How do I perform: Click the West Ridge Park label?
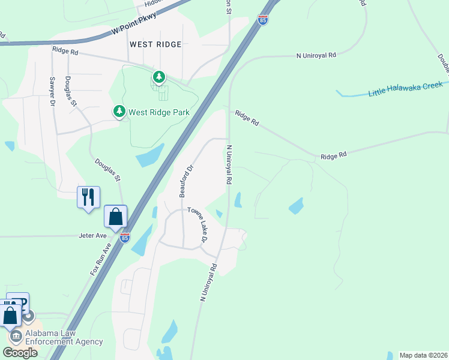point(158,112)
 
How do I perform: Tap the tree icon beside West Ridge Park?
point(119,112)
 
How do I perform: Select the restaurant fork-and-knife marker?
point(88,197)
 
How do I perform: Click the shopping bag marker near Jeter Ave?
point(115,217)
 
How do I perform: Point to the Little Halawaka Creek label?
point(405,89)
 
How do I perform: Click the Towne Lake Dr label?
point(198,225)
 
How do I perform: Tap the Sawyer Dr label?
point(52,92)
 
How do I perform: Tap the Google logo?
point(20,353)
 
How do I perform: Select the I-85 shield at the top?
point(263,20)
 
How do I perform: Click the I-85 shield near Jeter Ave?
point(124,238)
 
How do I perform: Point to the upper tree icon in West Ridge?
point(158,77)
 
